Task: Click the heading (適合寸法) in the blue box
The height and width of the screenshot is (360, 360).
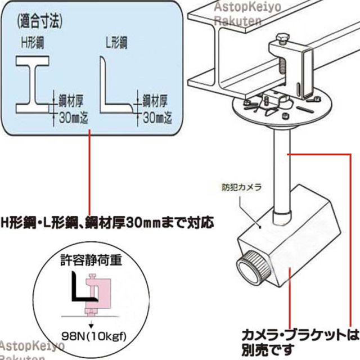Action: tap(39, 24)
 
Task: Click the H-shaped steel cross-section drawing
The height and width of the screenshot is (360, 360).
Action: tap(34, 85)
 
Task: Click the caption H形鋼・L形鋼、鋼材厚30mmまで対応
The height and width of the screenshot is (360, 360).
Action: tap(107, 222)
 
